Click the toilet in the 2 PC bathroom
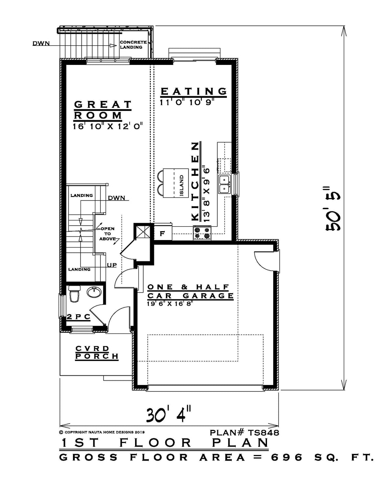pyautogui.click(x=74, y=294)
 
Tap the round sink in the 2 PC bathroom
pyautogui.click(x=94, y=292)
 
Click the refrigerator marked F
pyautogui.click(x=162, y=234)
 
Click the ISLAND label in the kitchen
pyautogui.click(x=181, y=186)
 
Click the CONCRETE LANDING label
pyautogui.click(x=133, y=45)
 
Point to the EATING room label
pyautogui.click(x=194, y=91)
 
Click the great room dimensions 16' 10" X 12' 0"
pyautogui.click(x=108, y=126)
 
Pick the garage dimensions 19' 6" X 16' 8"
pyautogui.click(x=170, y=304)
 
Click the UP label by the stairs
pyautogui.click(x=112, y=265)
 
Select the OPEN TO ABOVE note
pyautogui.click(x=107, y=234)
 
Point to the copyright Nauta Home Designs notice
pyautogui.click(x=102, y=432)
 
